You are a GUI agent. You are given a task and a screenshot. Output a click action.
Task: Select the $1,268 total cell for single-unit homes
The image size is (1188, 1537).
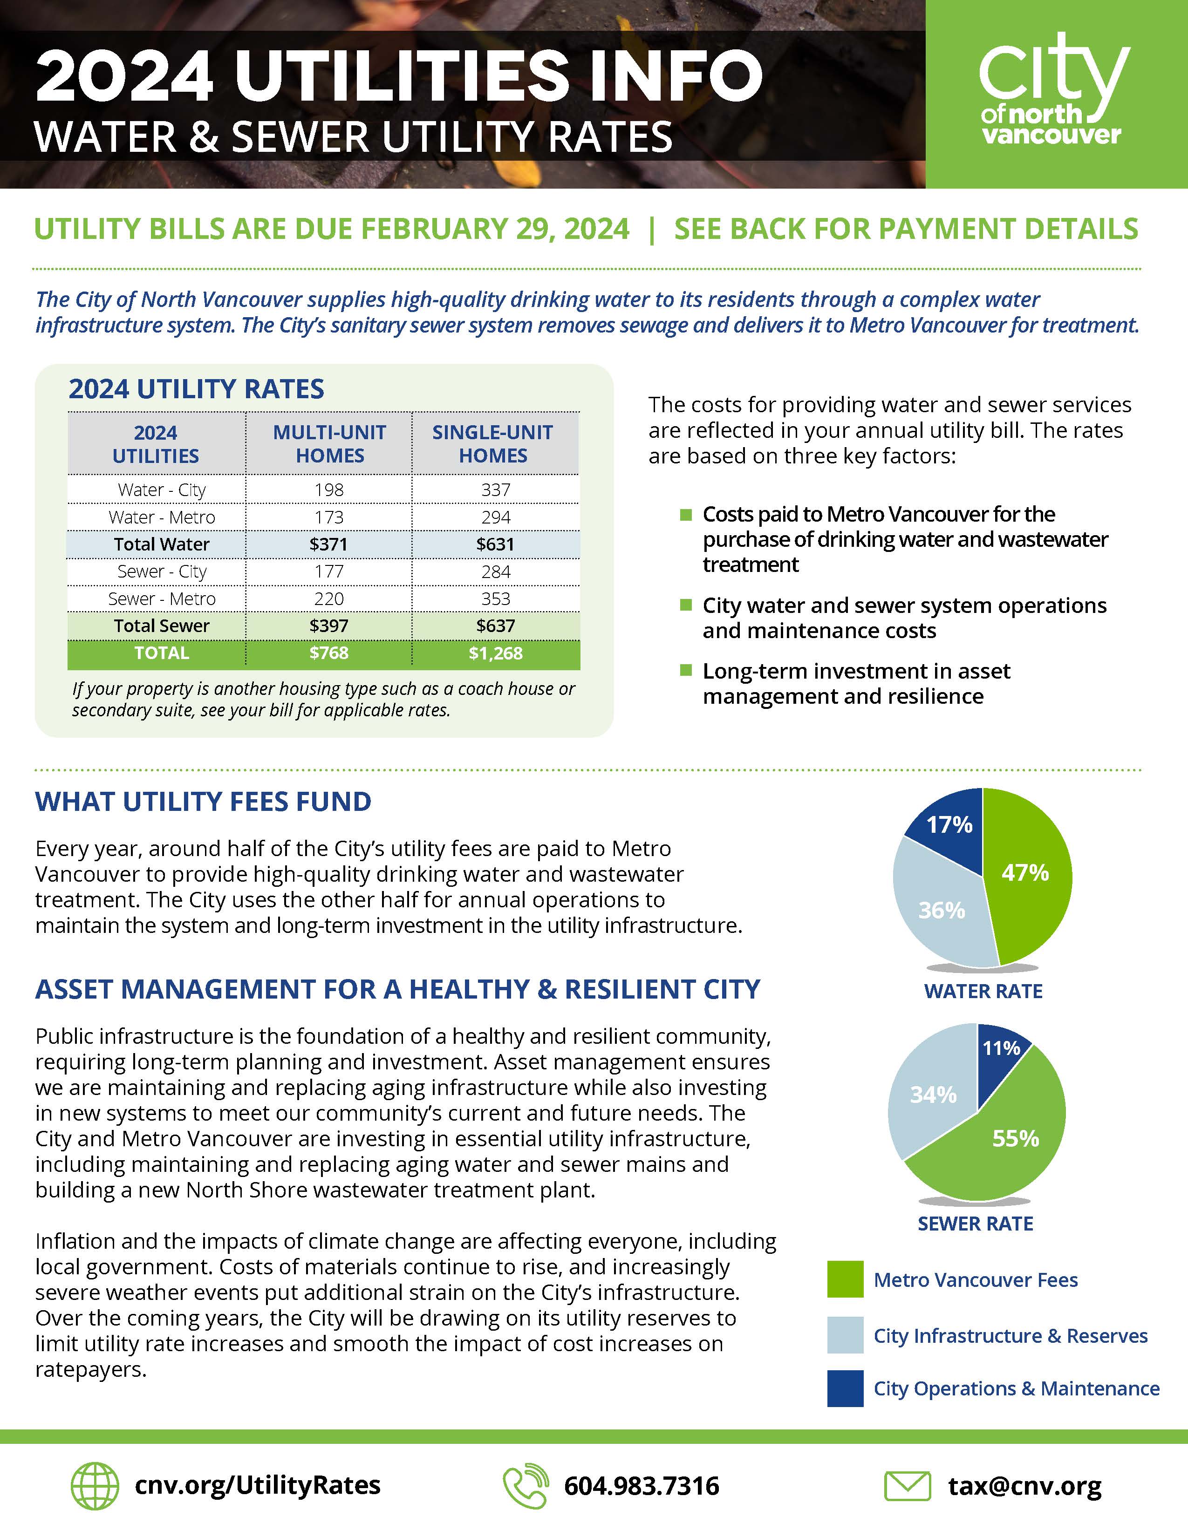coord(496,653)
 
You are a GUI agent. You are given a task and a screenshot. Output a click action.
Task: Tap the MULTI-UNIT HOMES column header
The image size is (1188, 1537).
coord(329,444)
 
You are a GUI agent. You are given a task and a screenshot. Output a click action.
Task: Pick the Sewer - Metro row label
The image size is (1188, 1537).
coord(161,599)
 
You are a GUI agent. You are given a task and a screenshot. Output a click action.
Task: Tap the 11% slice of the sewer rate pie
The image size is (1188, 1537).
coord(1001,1048)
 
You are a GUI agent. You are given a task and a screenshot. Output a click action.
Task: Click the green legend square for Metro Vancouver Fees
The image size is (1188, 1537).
coord(845,1279)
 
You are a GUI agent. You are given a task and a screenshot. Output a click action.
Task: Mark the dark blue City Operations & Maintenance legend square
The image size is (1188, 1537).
coord(845,1388)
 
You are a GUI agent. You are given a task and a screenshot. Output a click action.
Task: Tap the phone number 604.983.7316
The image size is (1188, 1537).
coord(641,1486)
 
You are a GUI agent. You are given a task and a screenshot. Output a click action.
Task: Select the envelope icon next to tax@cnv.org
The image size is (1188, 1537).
coord(907,1486)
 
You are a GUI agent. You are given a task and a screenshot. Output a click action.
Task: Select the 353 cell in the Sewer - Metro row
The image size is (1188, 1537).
coord(496,599)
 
